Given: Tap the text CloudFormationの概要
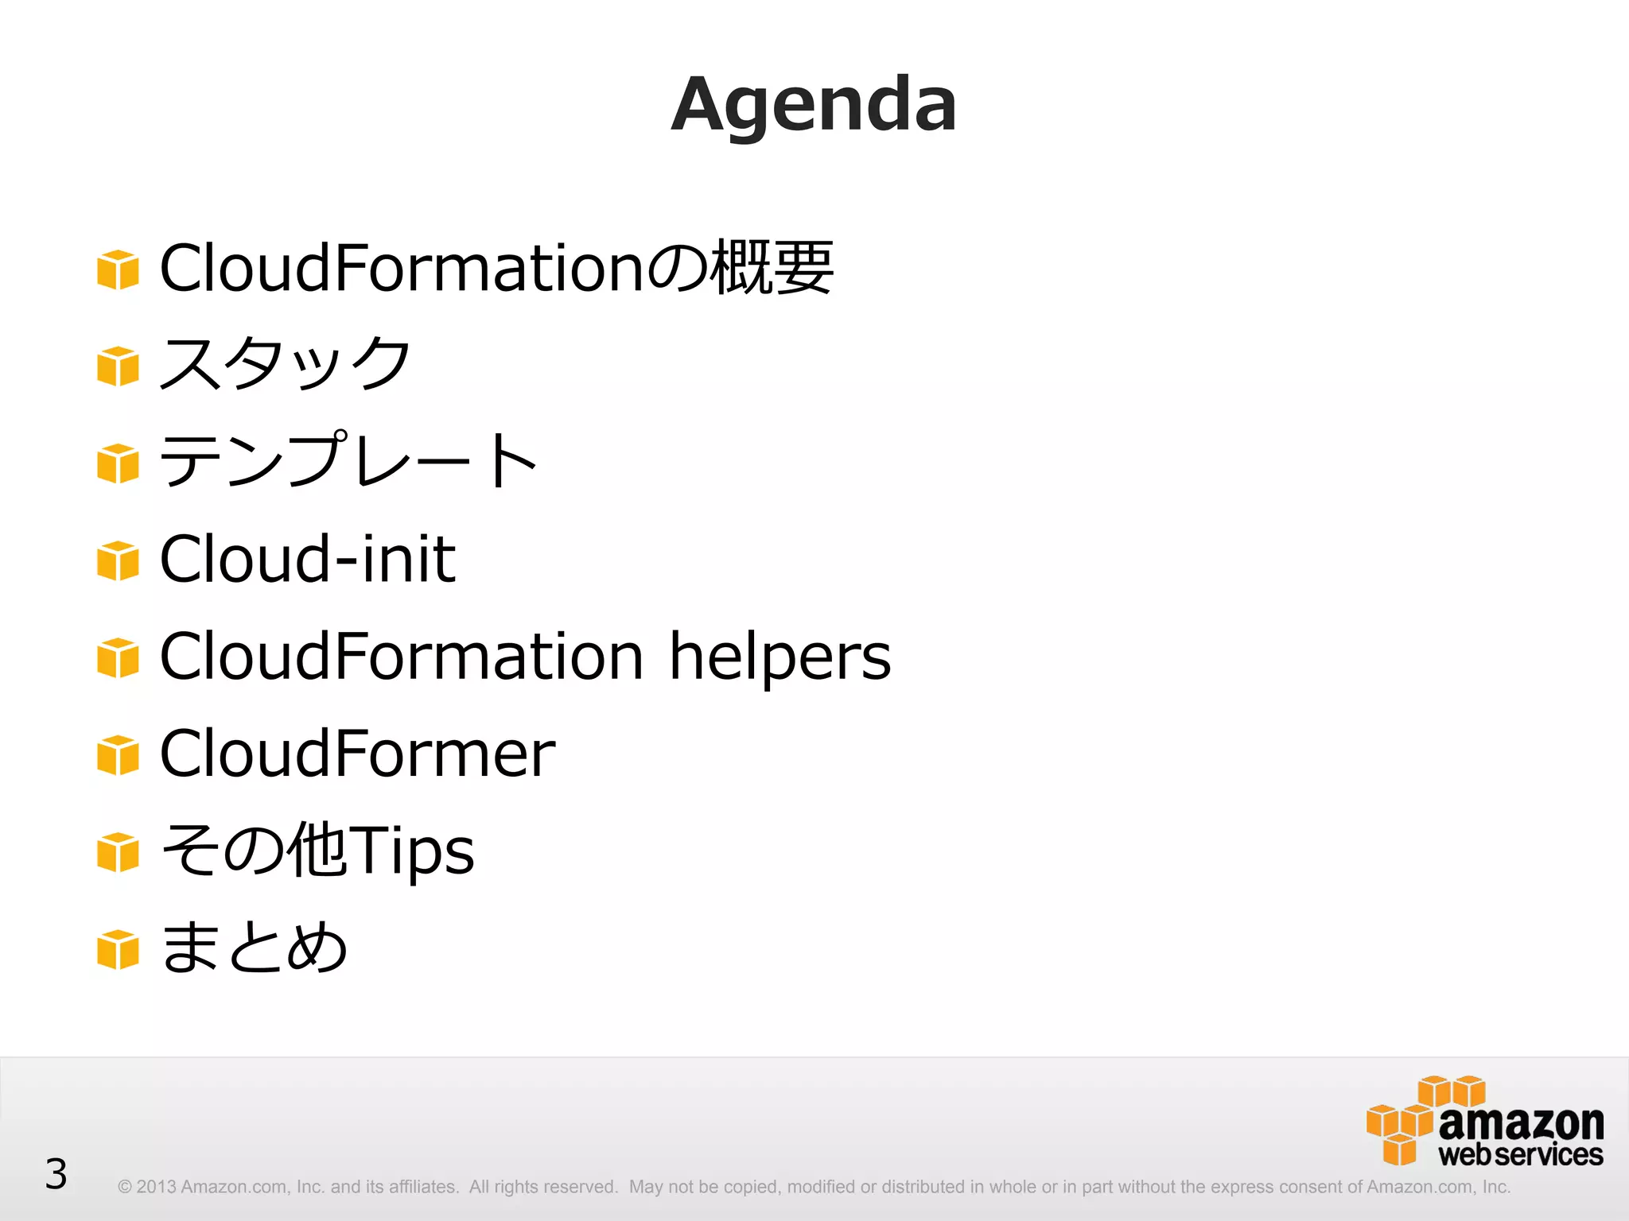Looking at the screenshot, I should pos(496,268).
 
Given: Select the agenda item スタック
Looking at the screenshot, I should pos(285,363).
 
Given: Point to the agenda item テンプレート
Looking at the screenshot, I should pos(348,460).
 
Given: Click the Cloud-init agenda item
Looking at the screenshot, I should pos(307,558).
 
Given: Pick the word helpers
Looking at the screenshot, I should pos(780,657).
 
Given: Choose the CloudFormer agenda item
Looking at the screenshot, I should pos(357,754).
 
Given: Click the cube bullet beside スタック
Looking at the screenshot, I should pos(118,366).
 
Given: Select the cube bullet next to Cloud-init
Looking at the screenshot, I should pos(118,561).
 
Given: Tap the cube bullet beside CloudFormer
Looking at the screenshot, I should pos(118,755).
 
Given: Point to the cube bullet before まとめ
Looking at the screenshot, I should pos(118,950).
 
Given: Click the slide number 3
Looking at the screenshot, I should pos(56,1174).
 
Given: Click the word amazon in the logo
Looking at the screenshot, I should pos(1521,1123).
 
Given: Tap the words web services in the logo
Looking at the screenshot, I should pos(1521,1155).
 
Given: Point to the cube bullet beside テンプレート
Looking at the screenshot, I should pos(118,463).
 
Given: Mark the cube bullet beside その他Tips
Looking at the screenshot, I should pos(118,852).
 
